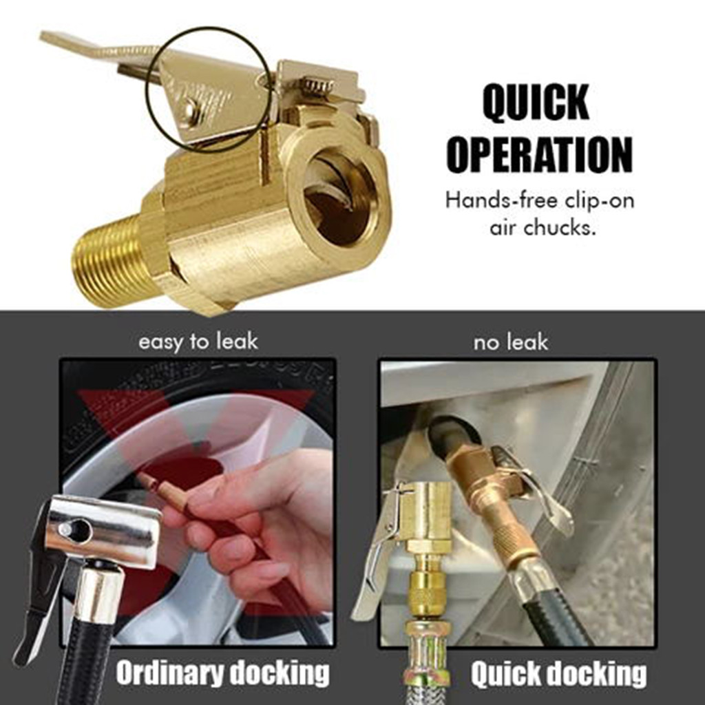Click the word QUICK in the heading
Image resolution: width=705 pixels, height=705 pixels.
[536, 102]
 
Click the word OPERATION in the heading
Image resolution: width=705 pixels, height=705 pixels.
[540, 154]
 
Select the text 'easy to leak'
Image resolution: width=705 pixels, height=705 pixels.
[198, 341]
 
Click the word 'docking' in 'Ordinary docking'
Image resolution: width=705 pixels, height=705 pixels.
[280, 673]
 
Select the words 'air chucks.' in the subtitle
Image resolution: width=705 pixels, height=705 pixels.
[543, 227]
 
